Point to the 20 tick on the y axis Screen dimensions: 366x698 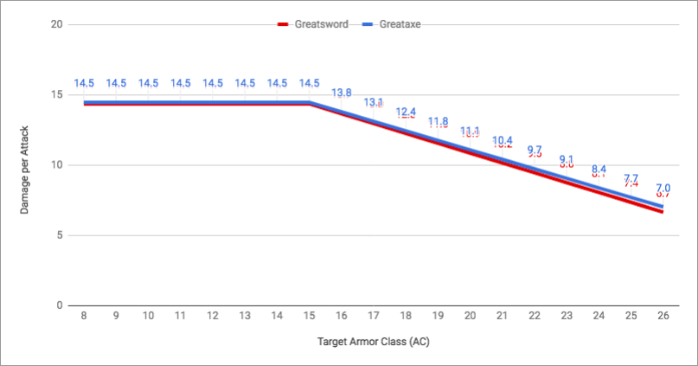tap(57, 24)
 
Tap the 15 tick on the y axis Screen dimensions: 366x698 tap(57, 94)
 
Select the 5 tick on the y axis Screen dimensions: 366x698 tap(60, 235)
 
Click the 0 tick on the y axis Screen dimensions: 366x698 tap(60, 305)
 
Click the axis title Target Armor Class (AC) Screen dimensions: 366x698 tap(373, 342)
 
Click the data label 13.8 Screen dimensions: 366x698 tap(341, 93)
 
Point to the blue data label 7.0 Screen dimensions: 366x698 tap(663, 188)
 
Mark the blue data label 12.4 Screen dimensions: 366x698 tap(406, 112)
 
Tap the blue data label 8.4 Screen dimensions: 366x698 tap(599, 169)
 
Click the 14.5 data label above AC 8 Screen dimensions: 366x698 tap(84, 83)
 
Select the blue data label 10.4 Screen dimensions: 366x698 tap(502, 140)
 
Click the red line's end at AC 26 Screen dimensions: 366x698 tap(663, 211)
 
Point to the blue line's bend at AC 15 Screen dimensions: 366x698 tap(309, 102)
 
